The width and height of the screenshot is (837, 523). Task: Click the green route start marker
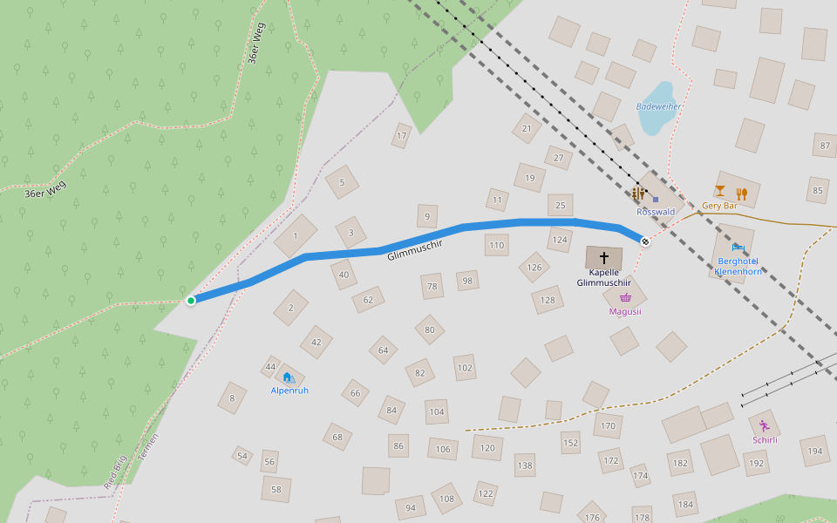pyautogui.click(x=191, y=301)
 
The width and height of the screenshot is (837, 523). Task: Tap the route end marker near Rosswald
pyautogui.click(x=645, y=241)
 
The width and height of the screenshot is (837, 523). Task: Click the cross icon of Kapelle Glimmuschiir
pyautogui.click(x=603, y=258)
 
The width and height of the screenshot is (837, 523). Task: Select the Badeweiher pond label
pyautogui.click(x=658, y=106)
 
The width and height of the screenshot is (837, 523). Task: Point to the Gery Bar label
pyautogui.click(x=719, y=207)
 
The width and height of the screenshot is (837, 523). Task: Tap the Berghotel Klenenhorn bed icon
pyautogui.click(x=738, y=248)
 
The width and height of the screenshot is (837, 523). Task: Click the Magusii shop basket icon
pyautogui.click(x=625, y=298)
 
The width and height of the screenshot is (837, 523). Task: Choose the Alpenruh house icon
pyautogui.click(x=287, y=377)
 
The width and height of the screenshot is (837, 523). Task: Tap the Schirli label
pyautogui.click(x=765, y=439)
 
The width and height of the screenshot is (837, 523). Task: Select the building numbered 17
pyautogui.click(x=402, y=136)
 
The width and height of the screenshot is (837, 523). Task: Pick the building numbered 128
pyautogui.click(x=548, y=301)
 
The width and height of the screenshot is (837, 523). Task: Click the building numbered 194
pyautogui.click(x=814, y=451)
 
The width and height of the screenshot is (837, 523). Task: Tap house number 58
pyautogui.click(x=276, y=489)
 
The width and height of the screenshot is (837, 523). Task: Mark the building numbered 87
pyautogui.click(x=823, y=146)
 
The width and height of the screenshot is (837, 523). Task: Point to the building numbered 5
pyautogui.click(x=342, y=182)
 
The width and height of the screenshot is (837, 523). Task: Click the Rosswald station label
pyautogui.click(x=656, y=212)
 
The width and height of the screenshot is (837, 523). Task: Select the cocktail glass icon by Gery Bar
pyautogui.click(x=719, y=191)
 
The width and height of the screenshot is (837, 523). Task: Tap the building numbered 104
pyautogui.click(x=437, y=411)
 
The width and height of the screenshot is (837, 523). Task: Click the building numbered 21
pyautogui.click(x=526, y=129)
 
